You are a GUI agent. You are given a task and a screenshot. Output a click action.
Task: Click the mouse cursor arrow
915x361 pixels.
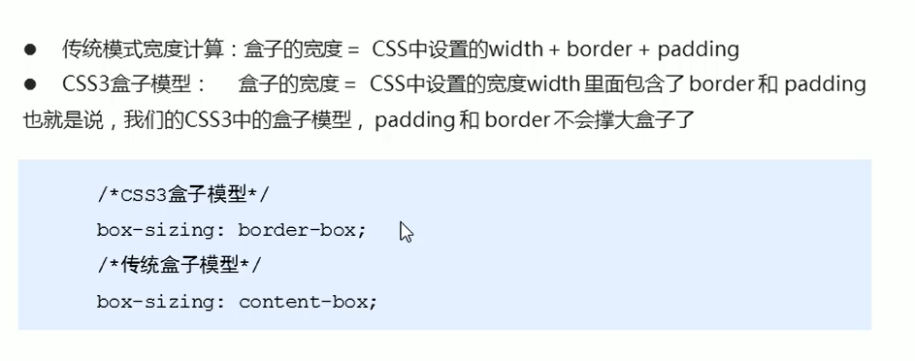pos(407,233)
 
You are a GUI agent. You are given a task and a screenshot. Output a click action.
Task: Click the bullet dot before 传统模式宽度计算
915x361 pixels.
pos(30,49)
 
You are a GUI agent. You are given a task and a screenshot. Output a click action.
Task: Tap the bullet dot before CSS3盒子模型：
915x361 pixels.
pos(30,84)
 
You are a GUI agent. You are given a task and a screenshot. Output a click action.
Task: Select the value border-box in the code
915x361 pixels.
pos(302,230)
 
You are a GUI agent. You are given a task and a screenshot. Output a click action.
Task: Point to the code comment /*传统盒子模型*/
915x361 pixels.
pos(179,265)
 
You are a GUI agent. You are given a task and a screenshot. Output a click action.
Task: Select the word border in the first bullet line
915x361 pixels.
pos(602,49)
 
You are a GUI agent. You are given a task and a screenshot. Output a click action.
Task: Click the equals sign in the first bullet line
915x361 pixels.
pos(353,49)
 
